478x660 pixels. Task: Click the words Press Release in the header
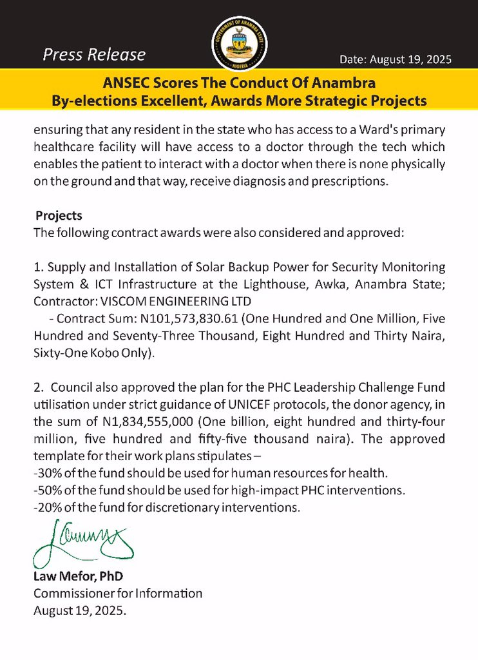click(94, 55)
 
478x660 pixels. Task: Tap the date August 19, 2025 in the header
click(396, 59)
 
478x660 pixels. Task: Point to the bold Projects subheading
click(59, 215)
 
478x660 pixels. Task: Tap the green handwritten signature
click(82, 541)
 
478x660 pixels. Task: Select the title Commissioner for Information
click(117, 593)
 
